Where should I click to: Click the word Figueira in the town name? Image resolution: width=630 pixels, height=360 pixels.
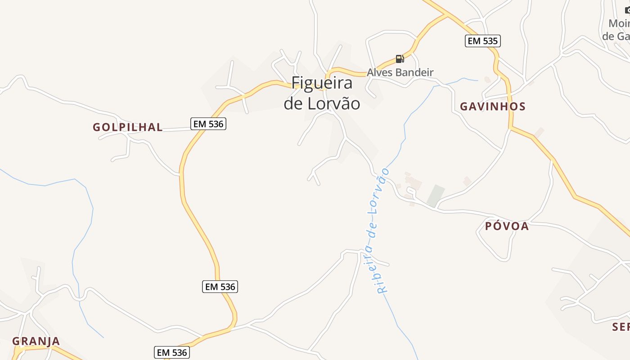(x=322, y=84)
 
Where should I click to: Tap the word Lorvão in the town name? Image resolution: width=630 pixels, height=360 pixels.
(x=334, y=104)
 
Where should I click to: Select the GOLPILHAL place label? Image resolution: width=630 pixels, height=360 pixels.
(x=128, y=127)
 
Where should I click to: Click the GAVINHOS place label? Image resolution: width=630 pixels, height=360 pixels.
(x=493, y=107)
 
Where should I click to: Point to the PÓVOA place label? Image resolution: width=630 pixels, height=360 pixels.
(x=507, y=226)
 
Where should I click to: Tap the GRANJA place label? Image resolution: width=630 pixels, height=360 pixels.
(x=36, y=341)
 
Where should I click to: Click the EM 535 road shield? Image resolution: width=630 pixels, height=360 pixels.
(x=482, y=41)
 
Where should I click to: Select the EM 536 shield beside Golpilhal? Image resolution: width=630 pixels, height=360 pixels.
(x=208, y=124)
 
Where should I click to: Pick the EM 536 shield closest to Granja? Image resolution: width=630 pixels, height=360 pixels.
(x=171, y=352)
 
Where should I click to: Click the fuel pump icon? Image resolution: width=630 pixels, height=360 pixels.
(x=399, y=58)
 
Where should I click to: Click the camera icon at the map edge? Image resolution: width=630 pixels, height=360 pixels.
(x=627, y=10)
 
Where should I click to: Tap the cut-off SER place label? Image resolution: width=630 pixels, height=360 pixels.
(x=621, y=327)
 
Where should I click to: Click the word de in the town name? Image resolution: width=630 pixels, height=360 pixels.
(x=293, y=104)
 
